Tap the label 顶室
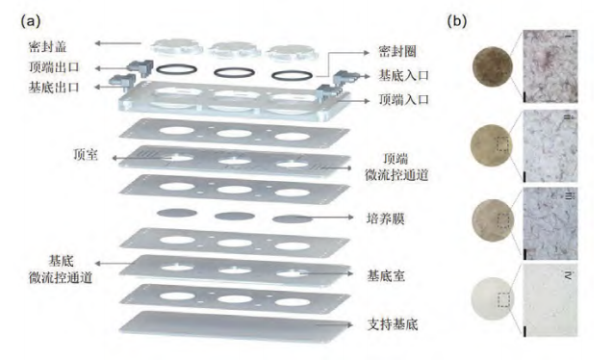[x=86, y=154]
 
